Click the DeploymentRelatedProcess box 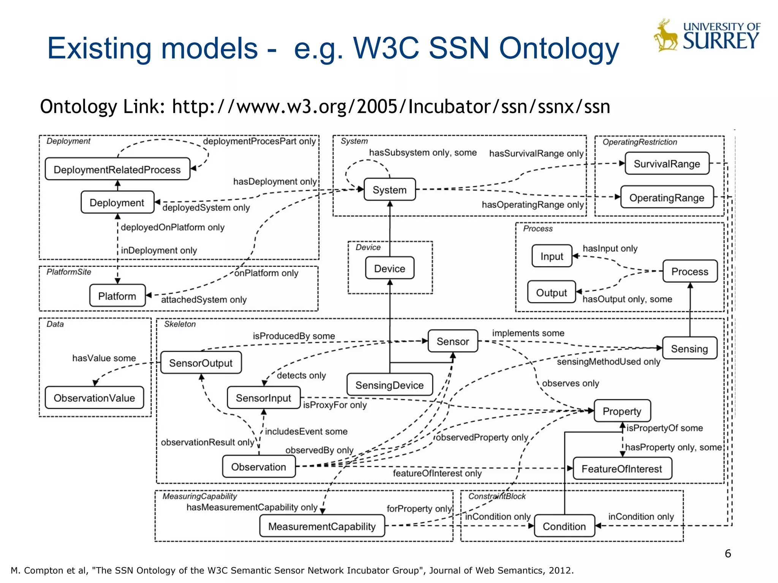point(117,169)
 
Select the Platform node point(117,296)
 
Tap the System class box point(389,189)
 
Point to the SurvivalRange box point(667,164)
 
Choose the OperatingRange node point(667,197)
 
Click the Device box point(389,268)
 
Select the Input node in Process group point(552,256)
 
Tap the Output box point(551,292)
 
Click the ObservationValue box point(94,398)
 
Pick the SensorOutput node point(201,363)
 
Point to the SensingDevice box point(389,385)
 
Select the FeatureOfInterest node point(622,469)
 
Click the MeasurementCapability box point(322,526)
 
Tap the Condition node point(564,526)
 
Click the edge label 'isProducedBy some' point(294,336)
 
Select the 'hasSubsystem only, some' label point(422,153)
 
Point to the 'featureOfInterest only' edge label point(437,473)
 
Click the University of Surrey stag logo point(666,35)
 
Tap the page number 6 point(727,553)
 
